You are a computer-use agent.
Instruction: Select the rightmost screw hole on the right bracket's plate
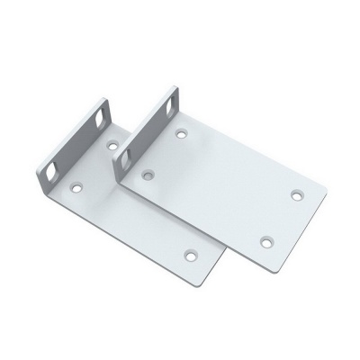(x=297, y=193)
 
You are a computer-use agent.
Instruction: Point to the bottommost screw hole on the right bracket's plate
(x=265, y=239)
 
